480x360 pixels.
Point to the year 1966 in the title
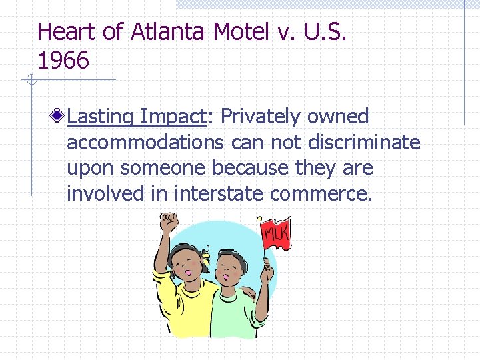tap(63, 61)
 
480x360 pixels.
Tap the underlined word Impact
tap(171, 117)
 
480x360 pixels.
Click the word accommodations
tap(146, 143)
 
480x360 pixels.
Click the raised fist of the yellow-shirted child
tap(168, 222)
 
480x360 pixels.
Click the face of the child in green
tap(233, 270)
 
